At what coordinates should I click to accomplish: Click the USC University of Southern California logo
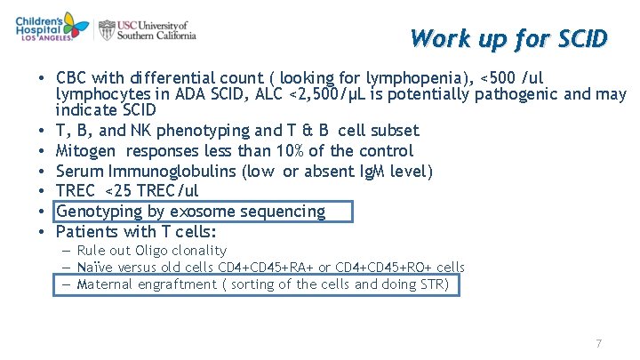point(148,29)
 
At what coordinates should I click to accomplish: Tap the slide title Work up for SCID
point(508,39)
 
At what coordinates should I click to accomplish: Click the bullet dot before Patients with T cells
point(43,232)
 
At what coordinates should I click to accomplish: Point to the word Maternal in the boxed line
point(108,284)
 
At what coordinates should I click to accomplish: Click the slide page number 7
point(598,343)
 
